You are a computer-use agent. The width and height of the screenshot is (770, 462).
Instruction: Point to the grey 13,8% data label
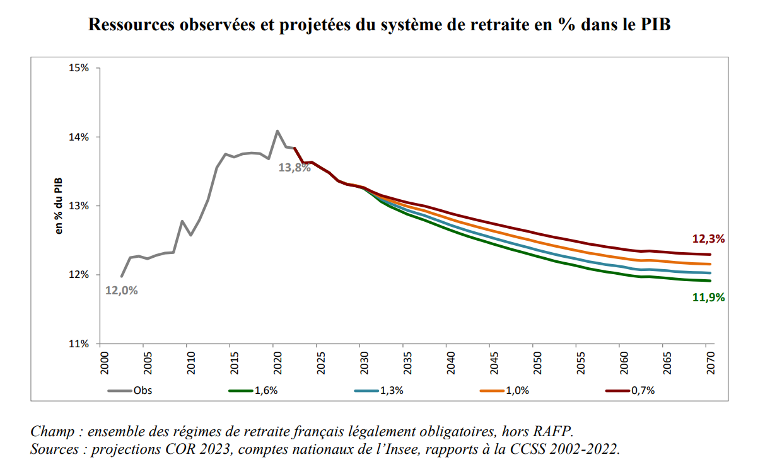click(x=295, y=168)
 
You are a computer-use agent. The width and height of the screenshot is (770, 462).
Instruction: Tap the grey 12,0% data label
click(x=121, y=291)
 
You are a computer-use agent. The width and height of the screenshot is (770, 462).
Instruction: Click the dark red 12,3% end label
click(x=708, y=239)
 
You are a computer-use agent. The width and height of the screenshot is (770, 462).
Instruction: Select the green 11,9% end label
click(x=708, y=297)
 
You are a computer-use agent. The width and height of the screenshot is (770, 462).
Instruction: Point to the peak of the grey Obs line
click(x=277, y=131)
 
